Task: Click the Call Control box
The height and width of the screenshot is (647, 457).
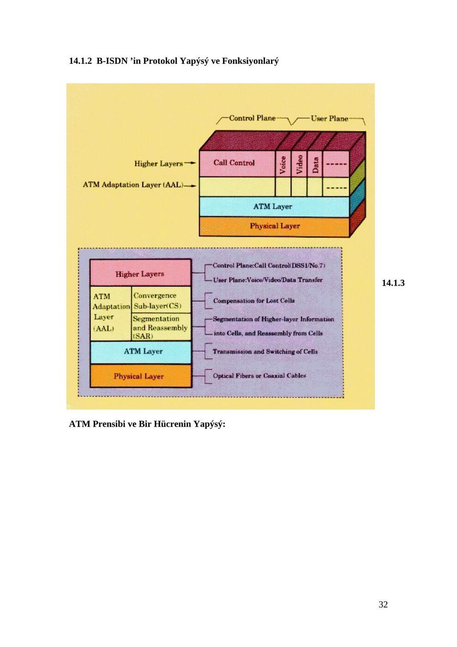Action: [x=237, y=164]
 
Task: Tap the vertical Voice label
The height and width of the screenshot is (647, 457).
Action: [x=283, y=165]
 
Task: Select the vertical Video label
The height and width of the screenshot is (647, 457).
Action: [x=299, y=165]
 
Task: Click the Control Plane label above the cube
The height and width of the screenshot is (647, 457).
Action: [x=252, y=118]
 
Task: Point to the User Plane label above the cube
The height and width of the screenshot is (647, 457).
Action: [x=329, y=119]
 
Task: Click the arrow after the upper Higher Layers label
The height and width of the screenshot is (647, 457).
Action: [x=190, y=163]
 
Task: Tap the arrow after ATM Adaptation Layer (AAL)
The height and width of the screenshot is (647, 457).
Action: [x=190, y=186]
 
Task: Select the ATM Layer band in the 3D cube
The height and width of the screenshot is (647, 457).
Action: [x=274, y=207]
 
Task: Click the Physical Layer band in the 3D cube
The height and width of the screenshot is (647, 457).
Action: [x=274, y=227]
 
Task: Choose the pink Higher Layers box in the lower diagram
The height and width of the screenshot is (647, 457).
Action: [x=140, y=273]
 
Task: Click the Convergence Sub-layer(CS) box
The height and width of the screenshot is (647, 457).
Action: [x=161, y=300]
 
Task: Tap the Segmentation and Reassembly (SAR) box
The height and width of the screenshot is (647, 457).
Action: [x=161, y=327]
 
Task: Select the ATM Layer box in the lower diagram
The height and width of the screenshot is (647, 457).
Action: [x=140, y=352]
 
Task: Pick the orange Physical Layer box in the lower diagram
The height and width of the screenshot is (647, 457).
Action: [x=140, y=376]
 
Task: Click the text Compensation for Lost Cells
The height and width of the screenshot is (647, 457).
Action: [x=254, y=301]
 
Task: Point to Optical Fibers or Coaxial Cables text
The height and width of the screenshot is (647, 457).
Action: [x=259, y=376]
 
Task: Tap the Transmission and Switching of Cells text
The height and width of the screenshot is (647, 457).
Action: [x=265, y=352]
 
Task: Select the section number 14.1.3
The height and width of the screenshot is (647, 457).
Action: [x=393, y=283]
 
